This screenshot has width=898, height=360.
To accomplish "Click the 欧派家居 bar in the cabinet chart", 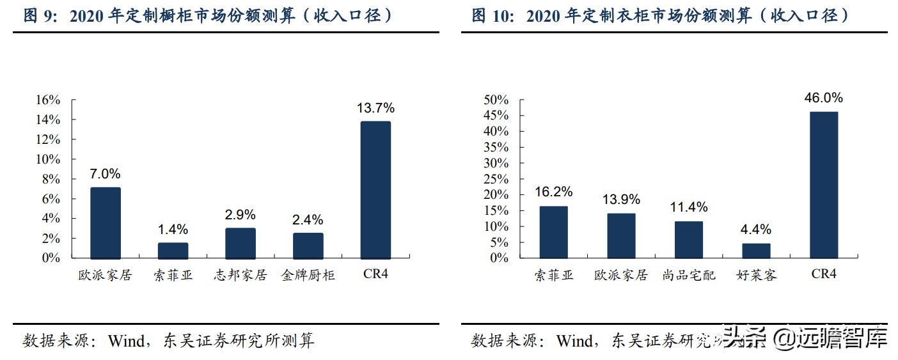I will (x=105, y=223).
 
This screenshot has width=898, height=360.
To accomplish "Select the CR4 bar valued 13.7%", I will (x=375, y=189).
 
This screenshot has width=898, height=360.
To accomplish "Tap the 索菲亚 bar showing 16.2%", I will (x=553, y=232).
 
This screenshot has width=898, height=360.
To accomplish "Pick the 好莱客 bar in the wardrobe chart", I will (x=756, y=251).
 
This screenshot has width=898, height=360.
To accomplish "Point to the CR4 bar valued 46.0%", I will (x=824, y=185).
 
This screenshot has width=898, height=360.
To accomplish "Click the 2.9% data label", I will (x=240, y=215).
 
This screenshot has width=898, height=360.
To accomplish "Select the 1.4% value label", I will (x=173, y=230).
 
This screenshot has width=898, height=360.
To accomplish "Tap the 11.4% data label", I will (x=689, y=207).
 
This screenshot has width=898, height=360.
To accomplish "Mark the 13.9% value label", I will (x=621, y=200).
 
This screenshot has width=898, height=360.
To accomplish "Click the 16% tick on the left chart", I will (x=48, y=100).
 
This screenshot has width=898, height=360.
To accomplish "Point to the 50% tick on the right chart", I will (x=496, y=100).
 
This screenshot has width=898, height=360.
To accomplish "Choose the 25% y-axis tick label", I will (x=496, y=179).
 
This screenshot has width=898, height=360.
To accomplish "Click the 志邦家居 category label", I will (x=240, y=276).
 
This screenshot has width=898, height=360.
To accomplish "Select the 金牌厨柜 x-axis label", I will (x=308, y=276).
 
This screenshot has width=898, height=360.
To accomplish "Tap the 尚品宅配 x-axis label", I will (x=689, y=276).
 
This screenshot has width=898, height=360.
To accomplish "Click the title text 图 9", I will (x=41, y=15).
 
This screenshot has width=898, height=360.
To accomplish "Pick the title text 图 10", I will (x=492, y=15).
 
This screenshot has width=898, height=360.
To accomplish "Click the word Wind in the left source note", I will (x=127, y=341).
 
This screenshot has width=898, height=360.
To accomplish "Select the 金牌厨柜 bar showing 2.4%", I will (x=308, y=246).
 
